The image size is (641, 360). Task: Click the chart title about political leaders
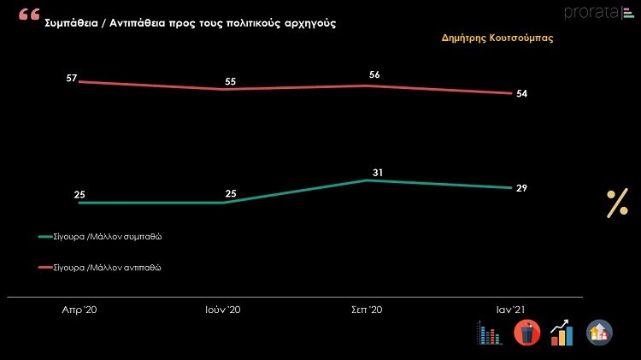click(x=190, y=23)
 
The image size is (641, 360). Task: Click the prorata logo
click(x=592, y=11)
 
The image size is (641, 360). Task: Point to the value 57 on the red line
click(x=72, y=79)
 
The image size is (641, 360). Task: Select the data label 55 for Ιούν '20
click(x=231, y=81)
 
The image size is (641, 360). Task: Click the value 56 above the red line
click(x=374, y=75)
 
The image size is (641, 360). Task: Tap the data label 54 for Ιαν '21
click(x=521, y=93)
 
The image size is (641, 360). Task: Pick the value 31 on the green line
click(x=377, y=173)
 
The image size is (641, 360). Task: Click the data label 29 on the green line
click(x=521, y=187)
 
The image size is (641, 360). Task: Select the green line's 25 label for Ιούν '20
click(x=231, y=194)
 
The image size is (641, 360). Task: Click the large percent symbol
click(x=617, y=204)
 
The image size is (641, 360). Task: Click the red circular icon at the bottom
click(x=527, y=332)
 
